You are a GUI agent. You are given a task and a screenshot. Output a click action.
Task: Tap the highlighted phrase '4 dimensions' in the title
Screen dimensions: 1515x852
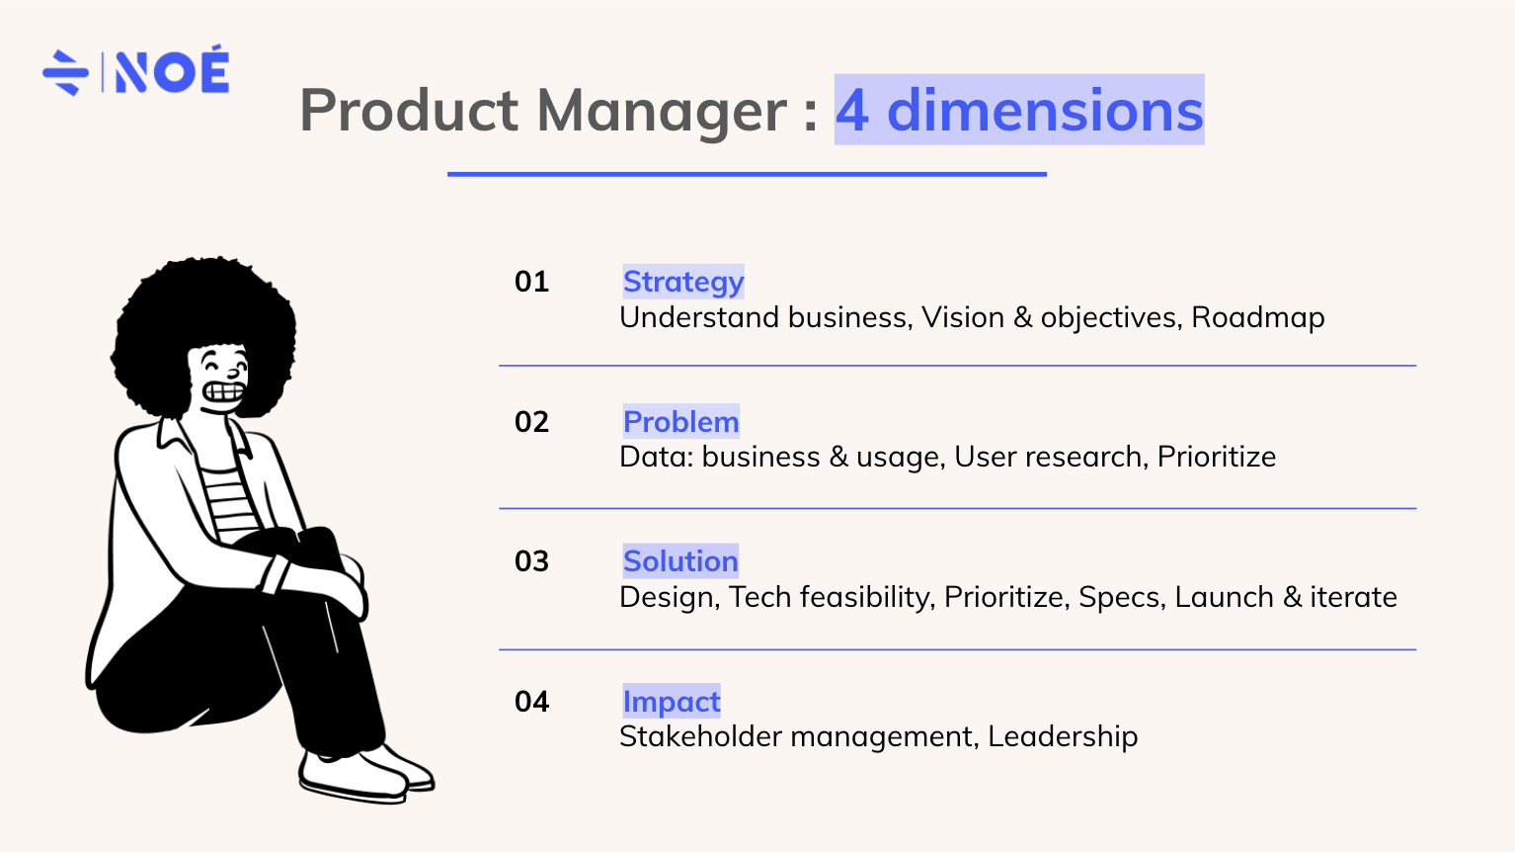pos(1019,110)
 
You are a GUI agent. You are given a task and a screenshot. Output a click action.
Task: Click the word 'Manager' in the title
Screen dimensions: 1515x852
pos(662,113)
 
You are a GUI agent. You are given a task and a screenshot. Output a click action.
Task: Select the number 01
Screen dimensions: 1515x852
pos(531,282)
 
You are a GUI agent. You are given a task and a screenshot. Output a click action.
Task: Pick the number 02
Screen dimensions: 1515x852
pos(531,422)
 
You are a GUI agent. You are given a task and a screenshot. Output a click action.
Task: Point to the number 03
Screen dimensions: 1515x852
pos(531,561)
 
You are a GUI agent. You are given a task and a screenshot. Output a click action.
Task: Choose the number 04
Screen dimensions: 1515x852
pos(531,701)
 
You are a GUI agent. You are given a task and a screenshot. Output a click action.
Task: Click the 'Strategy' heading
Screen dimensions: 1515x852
pos(683,283)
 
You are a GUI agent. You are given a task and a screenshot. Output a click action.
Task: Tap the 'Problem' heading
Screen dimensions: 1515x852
pos(681,422)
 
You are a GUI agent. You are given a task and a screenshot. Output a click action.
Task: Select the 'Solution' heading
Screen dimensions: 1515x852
pos(680,561)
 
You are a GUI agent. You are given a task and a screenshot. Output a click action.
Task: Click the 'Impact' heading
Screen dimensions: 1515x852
pos(672,701)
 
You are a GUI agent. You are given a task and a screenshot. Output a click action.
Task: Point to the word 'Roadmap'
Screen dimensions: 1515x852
pos(1257,317)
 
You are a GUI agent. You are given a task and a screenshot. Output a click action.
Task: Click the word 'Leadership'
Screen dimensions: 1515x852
pos(1063,736)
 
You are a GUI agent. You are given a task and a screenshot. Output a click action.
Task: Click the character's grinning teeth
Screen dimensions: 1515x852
pos(223,392)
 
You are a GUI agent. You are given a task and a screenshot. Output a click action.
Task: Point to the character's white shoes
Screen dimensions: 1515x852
pos(365,774)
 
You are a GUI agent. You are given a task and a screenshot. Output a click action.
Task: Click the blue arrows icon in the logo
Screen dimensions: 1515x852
pos(65,72)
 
